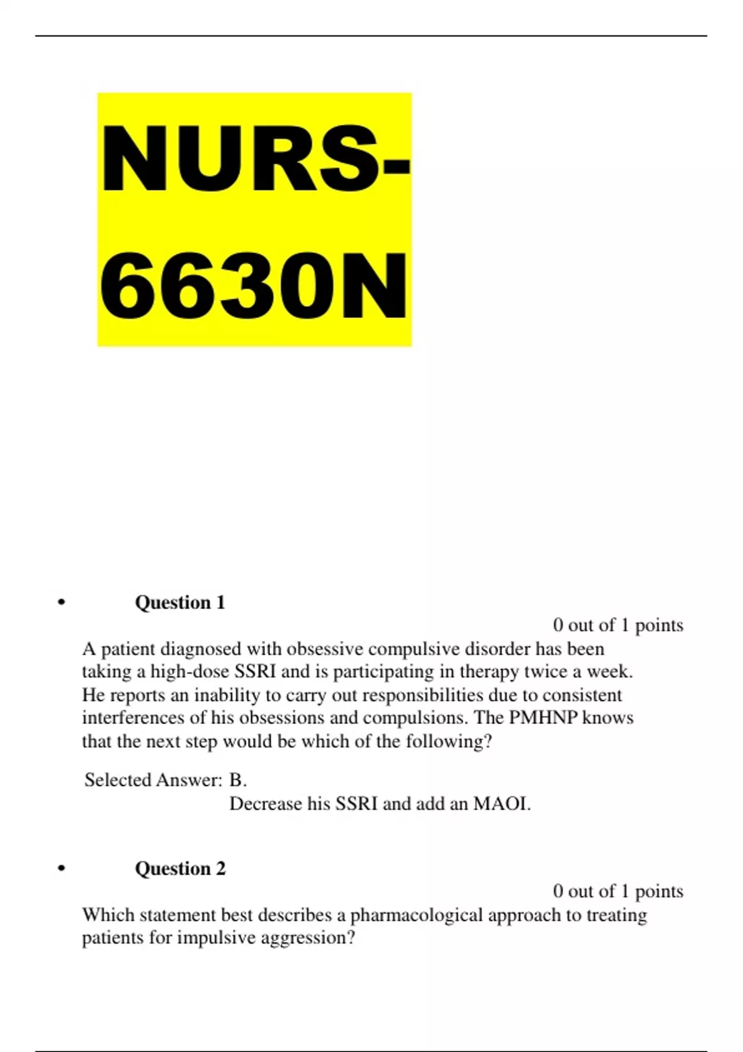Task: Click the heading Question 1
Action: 180,602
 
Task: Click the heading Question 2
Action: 180,868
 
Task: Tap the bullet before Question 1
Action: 61,602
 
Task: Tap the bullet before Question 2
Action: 61,868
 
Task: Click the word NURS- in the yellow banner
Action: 255,160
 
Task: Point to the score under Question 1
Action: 618,625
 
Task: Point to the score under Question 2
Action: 618,891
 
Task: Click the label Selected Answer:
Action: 153,780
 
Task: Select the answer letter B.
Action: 237,780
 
